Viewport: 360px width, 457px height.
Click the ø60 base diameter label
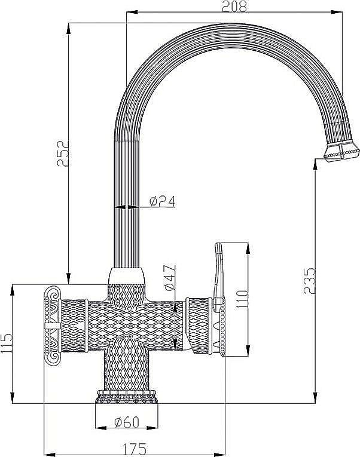click(x=126, y=424)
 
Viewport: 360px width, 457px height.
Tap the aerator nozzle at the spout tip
click(x=339, y=152)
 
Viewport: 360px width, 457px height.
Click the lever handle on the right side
click(x=219, y=269)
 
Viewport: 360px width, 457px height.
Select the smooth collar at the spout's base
click(x=126, y=276)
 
